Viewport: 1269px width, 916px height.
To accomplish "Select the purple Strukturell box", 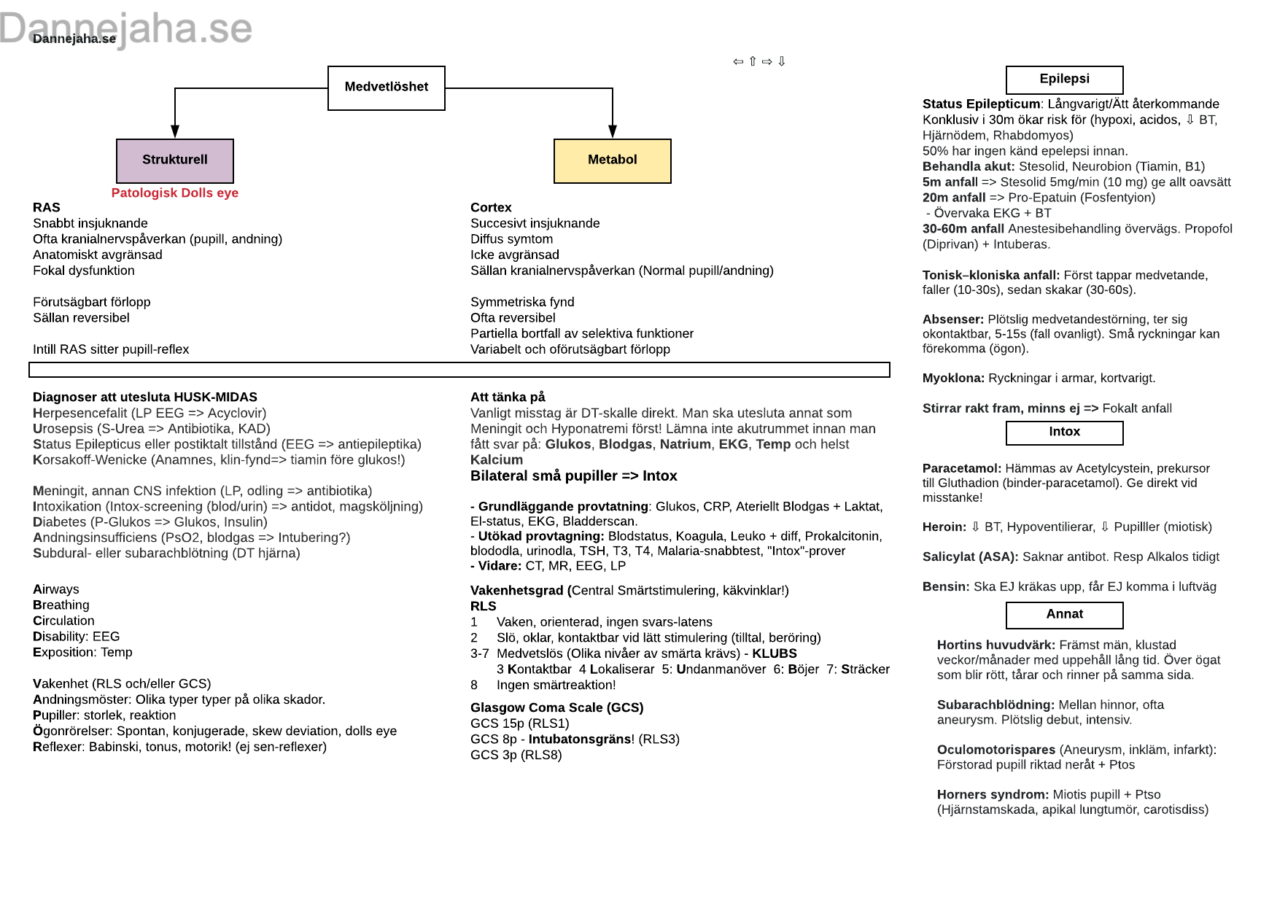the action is coord(175,160).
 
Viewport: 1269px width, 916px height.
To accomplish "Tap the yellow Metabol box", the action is coord(613,160).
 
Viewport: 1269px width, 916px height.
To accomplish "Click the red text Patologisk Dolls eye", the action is coord(175,193).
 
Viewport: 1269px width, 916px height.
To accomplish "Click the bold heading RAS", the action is coord(47,208).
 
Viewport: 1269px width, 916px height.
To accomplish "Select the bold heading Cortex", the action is coord(491,208).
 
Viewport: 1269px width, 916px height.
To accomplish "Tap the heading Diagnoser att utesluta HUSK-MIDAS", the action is coord(145,397).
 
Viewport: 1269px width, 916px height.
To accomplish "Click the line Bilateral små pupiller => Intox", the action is coord(574,476).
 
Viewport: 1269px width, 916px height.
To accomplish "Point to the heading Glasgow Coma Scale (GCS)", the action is coord(557,708).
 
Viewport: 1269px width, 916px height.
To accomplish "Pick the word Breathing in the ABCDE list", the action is coord(61,605).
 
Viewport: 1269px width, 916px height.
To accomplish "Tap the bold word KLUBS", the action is coord(775,653).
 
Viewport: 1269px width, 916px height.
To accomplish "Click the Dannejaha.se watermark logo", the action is coord(126,28).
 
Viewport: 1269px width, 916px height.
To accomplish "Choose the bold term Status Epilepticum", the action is coord(982,104).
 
